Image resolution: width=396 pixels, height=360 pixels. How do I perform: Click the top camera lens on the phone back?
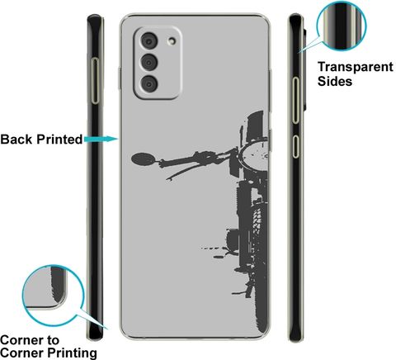click(x=149, y=41)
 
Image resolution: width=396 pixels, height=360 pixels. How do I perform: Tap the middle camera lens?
click(x=149, y=62)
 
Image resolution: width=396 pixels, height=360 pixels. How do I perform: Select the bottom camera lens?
click(x=149, y=83)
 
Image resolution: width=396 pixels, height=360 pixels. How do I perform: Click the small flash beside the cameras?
click(x=172, y=40)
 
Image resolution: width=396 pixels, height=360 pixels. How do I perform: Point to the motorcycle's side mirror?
click(x=143, y=159)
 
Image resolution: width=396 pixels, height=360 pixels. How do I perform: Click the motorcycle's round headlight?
click(x=253, y=155)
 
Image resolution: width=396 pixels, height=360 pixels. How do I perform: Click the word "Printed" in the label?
click(x=59, y=140)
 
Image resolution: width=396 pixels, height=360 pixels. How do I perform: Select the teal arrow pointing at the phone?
click(x=101, y=139)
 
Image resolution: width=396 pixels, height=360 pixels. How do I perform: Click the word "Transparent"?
click(x=356, y=67)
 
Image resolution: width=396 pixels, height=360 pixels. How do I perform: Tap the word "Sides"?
click(x=335, y=81)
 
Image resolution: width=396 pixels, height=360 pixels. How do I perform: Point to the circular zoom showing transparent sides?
click(x=342, y=26)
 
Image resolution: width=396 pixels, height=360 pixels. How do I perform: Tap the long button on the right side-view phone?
click(x=295, y=100)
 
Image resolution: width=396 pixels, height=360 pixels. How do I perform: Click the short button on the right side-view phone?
click(x=295, y=146)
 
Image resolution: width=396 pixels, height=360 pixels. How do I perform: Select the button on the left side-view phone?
click(x=95, y=81)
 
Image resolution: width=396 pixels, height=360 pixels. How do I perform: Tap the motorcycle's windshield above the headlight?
click(x=256, y=126)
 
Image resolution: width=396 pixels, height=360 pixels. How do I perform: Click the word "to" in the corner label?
click(x=52, y=341)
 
